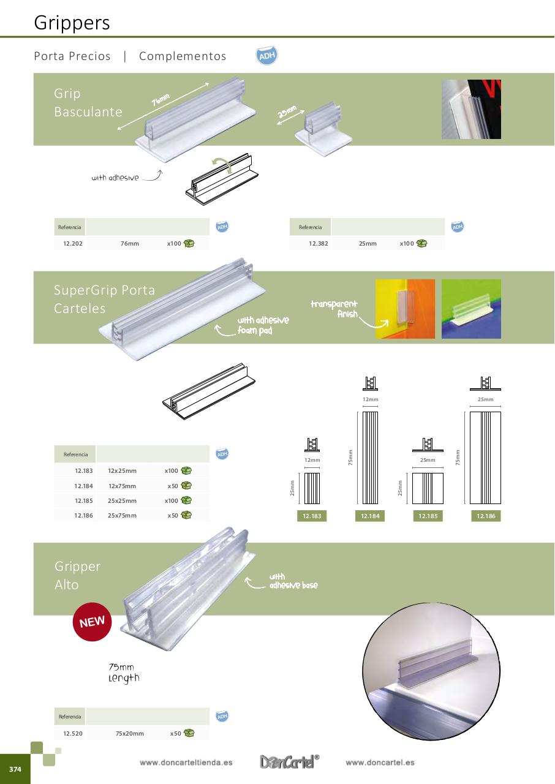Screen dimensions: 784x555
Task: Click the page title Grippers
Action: pos(72,23)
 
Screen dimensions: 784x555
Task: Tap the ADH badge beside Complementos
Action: pos(266,56)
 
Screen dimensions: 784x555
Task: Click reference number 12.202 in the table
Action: pos(72,244)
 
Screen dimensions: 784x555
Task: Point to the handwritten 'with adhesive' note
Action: pos(115,178)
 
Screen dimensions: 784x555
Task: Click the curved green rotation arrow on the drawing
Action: pos(221,165)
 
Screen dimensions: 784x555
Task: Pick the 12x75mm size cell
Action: pos(122,486)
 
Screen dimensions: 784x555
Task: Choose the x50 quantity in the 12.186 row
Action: pos(173,516)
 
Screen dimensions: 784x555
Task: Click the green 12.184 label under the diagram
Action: pos(370,516)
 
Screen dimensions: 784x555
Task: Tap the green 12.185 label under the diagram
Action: pos(428,516)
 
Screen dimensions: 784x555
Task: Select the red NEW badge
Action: pos(92,622)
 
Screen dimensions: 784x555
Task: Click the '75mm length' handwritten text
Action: pos(123,673)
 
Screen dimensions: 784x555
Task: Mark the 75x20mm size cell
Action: pos(129,733)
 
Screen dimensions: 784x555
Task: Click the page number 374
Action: pos(15,769)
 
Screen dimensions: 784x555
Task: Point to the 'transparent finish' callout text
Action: pos(334,309)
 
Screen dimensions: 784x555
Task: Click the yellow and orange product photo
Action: pos(405,309)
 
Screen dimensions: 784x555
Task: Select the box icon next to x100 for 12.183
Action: pos(186,471)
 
